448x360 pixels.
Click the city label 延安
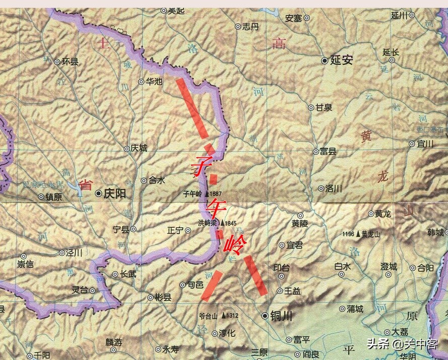(341, 61)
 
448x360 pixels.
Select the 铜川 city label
(282, 316)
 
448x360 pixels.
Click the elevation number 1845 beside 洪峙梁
(231, 223)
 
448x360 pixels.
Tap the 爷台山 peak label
(208, 316)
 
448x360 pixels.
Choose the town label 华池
(154, 81)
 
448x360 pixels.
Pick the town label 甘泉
(324, 107)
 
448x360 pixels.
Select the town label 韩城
(435, 232)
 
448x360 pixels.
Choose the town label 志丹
(250, 27)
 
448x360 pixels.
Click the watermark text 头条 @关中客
(401, 344)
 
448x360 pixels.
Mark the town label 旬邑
(195, 285)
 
